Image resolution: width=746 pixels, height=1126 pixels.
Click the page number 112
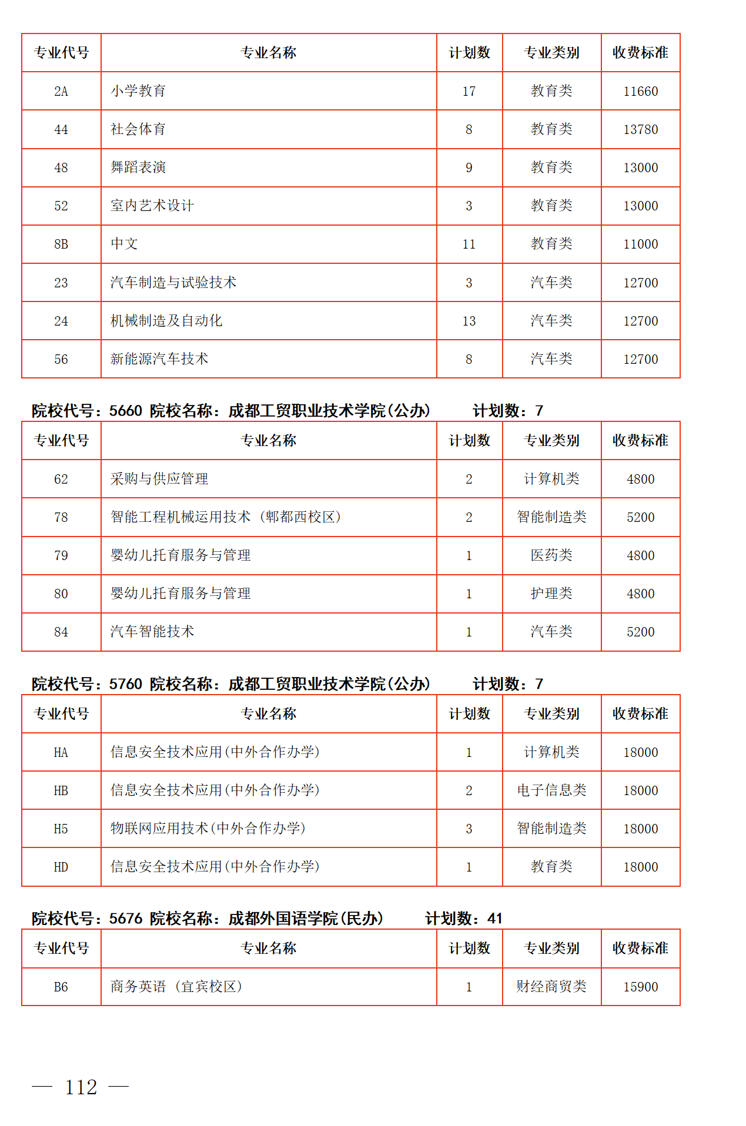tap(81, 1087)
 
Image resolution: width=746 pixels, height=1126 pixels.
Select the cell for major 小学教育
tap(138, 91)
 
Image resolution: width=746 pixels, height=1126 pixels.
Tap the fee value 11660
tap(640, 91)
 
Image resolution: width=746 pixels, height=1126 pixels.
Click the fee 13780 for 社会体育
tap(640, 129)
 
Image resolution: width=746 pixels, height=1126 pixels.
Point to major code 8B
tap(61, 244)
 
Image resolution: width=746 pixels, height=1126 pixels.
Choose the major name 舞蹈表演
tap(138, 167)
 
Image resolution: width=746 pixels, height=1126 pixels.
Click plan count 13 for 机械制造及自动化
tap(469, 321)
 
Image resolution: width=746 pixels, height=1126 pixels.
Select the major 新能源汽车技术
tap(159, 359)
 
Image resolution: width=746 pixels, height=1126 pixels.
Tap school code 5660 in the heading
tap(126, 411)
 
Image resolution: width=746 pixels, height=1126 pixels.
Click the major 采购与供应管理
tap(159, 479)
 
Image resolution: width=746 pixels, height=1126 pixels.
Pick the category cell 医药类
tap(551, 555)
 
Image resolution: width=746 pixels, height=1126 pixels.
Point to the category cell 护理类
tap(551, 594)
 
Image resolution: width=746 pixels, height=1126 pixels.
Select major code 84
tap(61, 632)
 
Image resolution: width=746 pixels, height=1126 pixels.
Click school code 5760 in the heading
tap(126, 684)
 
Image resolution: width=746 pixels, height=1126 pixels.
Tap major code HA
tap(61, 752)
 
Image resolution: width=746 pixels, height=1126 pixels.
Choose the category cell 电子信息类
tap(551, 790)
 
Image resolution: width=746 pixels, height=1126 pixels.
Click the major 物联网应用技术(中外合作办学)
tap(208, 829)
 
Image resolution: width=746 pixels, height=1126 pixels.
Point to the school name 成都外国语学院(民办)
tap(306, 919)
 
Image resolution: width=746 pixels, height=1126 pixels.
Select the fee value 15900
tap(640, 987)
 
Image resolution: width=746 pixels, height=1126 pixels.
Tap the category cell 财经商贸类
tap(551, 987)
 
